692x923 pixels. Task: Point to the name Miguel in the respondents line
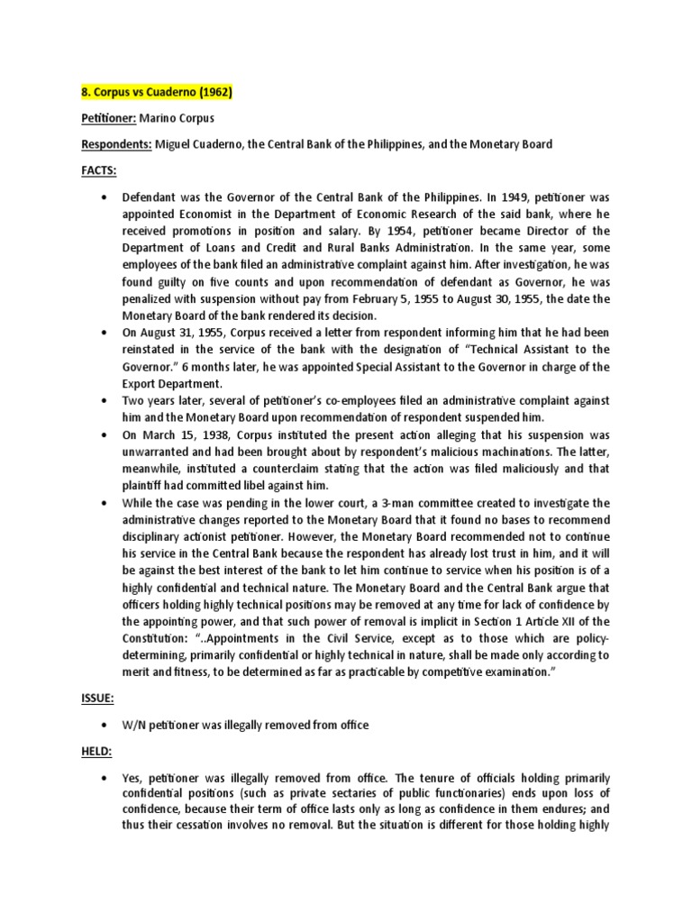tap(175, 143)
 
